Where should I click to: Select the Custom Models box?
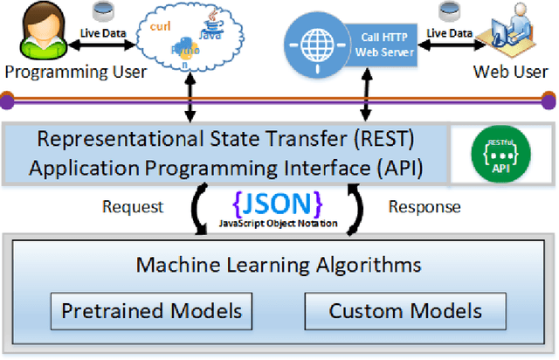(404, 310)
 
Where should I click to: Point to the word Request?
(134, 206)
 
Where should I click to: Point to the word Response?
(424, 206)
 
